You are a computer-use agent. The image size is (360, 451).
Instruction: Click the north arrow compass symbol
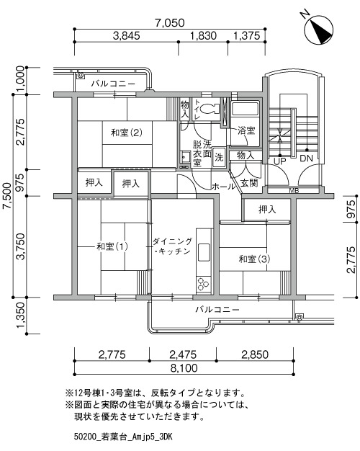tap(318, 30)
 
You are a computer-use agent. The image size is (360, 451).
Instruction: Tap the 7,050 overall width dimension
tap(170, 23)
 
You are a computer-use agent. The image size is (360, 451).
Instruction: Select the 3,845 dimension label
tap(127, 36)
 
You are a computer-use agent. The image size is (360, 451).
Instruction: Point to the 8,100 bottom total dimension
tap(184, 368)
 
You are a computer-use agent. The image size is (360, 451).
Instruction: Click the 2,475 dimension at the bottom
tap(183, 354)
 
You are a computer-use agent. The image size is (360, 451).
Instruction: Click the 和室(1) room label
tap(112, 246)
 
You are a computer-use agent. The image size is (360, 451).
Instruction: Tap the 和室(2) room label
tap(127, 133)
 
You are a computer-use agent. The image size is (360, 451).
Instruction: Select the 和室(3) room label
tap(254, 259)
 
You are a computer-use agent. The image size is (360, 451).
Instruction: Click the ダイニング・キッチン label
tap(172, 246)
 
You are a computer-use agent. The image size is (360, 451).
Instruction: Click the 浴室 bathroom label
tap(246, 130)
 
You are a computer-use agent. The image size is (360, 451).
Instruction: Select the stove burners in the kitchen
tap(204, 284)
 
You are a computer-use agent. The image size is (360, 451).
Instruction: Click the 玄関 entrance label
tap(249, 183)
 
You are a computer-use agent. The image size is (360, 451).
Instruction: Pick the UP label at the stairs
tap(279, 161)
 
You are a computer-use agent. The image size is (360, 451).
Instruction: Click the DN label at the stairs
tap(306, 158)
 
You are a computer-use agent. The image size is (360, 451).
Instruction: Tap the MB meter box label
tap(294, 191)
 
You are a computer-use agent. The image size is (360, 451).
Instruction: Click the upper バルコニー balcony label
tap(113, 84)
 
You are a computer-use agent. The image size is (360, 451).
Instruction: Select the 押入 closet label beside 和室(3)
tap(267, 210)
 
